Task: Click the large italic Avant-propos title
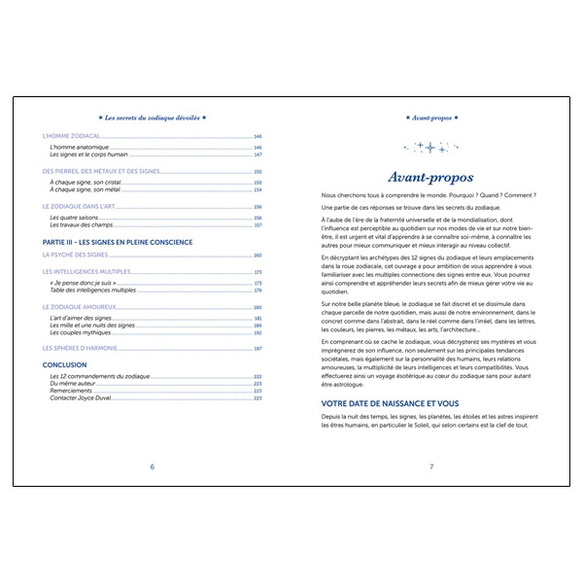[x=430, y=177]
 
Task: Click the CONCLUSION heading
[x=65, y=365]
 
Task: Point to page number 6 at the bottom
[x=153, y=466]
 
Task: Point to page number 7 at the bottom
[x=430, y=466]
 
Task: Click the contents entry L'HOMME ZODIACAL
[x=74, y=137]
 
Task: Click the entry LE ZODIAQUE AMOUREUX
[x=82, y=307]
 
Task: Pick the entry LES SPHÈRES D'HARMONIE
[x=85, y=348]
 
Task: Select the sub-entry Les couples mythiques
[x=82, y=331]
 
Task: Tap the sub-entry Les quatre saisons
[x=76, y=218]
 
